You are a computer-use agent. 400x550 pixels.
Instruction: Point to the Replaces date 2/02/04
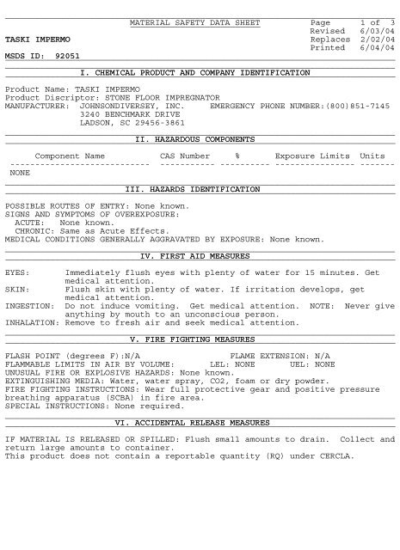pyautogui.click(x=377, y=39)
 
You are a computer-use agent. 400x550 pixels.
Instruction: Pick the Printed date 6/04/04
pyautogui.click(x=377, y=48)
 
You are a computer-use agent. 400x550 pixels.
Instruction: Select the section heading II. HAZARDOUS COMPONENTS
pyautogui.click(x=195, y=138)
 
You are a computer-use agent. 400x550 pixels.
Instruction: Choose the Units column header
pyautogui.click(x=372, y=156)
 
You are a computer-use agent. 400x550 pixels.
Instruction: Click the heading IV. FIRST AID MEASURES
pyautogui.click(x=195, y=255)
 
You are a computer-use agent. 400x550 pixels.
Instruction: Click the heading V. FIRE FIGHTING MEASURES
pyautogui.click(x=195, y=339)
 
